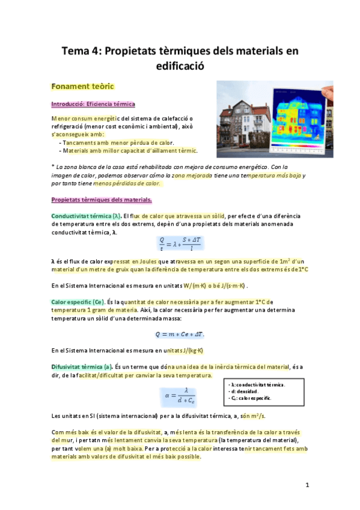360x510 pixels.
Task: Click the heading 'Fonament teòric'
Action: pos(83,87)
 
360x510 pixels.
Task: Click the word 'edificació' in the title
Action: pos(180,66)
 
